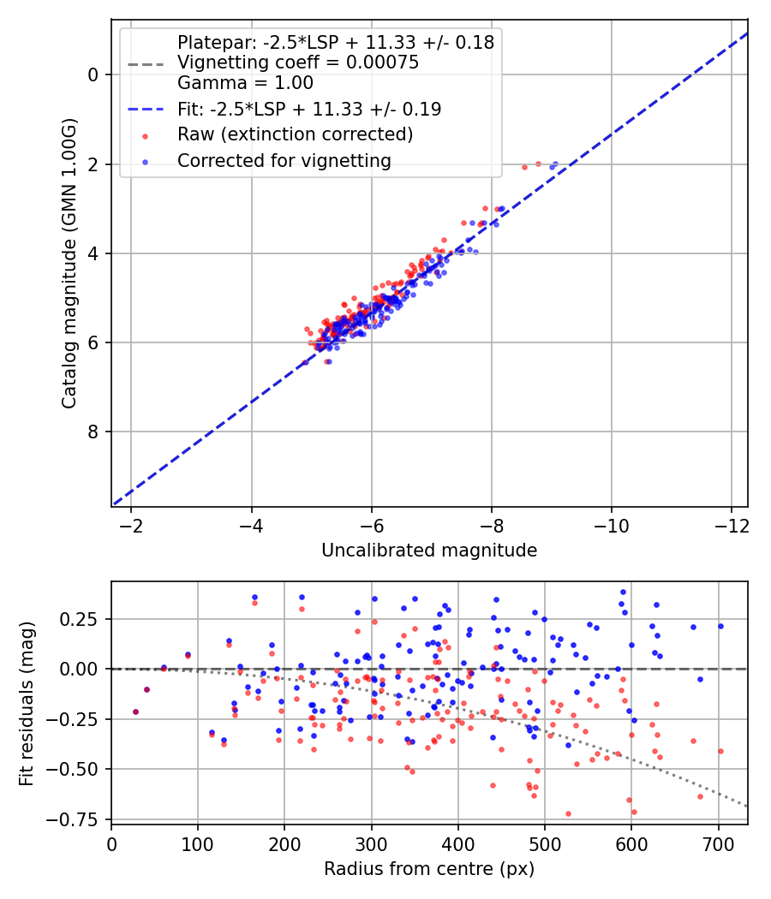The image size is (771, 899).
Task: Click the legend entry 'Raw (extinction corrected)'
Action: coord(295,134)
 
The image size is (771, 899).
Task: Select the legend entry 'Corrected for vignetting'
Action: coord(284,160)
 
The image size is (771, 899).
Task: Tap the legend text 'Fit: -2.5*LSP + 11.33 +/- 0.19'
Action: coord(309,109)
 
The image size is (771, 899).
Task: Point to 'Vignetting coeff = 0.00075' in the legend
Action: coord(298,63)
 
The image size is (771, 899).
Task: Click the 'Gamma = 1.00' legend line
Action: coord(245,83)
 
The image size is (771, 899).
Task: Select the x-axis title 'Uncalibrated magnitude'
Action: coord(429,551)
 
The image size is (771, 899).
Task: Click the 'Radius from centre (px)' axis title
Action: coord(429,869)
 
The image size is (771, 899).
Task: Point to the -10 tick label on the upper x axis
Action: coord(612,524)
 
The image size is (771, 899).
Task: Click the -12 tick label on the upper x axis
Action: coord(732,524)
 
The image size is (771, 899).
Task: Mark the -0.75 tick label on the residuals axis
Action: coord(80,819)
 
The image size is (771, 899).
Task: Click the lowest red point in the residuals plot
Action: coord(568,813)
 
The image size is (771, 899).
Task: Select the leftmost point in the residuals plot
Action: coord(135,711)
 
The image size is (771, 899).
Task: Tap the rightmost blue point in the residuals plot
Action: coord(720,626)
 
